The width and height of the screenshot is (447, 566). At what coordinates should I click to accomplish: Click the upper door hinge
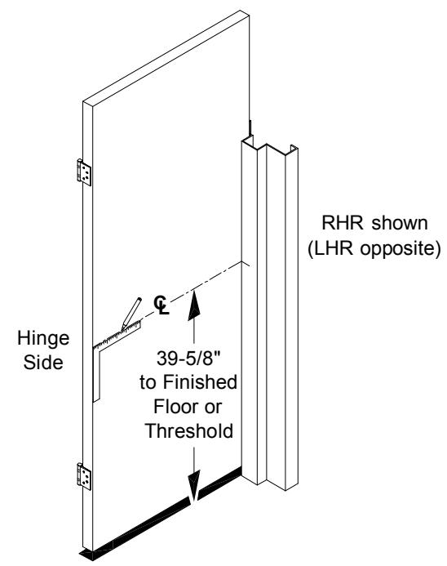(84, 172)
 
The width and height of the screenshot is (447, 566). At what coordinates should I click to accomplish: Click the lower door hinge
(84, 476)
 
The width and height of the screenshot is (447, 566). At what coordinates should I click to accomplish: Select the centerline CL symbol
(162, 305)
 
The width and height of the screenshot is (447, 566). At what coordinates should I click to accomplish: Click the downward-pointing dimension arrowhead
(194, 485)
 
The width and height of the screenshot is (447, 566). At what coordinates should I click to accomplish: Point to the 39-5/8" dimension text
(188, 359)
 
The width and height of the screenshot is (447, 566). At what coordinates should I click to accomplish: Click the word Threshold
(189, 430)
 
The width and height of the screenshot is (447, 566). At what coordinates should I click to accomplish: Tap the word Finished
(200, 382)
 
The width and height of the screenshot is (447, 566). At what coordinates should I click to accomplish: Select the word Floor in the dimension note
(171, 407)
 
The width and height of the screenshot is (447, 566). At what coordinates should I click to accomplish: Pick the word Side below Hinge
(43, 362)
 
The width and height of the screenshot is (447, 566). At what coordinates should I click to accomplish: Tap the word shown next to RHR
(400, 223)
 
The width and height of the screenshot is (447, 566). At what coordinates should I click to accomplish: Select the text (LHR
(330, 248)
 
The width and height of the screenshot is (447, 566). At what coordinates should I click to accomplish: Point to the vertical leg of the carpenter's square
(96, 374)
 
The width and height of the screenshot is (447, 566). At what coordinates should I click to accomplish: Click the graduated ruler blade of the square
(117, 335)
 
